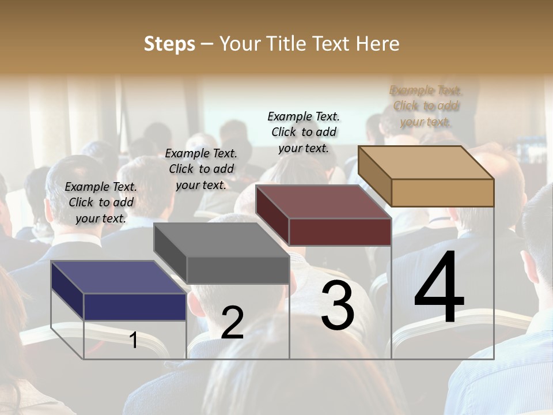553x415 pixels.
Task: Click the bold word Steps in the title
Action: [169, 44]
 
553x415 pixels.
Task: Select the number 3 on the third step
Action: [337, 305]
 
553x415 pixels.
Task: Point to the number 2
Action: [232, 323]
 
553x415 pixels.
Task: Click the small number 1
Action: [134, 340]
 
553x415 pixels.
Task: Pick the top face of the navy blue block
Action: [118, 277]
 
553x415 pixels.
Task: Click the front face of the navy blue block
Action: [135, 307]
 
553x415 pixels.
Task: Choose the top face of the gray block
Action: [221, 239]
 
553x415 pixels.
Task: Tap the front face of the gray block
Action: [238, 270]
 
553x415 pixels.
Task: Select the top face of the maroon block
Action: [323, 202]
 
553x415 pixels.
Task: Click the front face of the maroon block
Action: [340, 232]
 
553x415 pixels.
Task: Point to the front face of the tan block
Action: [442, 193]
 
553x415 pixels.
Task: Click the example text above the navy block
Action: [101, 202]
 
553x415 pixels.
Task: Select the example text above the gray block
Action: [201, 169]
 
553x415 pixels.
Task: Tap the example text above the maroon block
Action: [304, 132]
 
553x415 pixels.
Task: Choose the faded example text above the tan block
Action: [426, 105]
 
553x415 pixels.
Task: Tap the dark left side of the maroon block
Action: [272, 214]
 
